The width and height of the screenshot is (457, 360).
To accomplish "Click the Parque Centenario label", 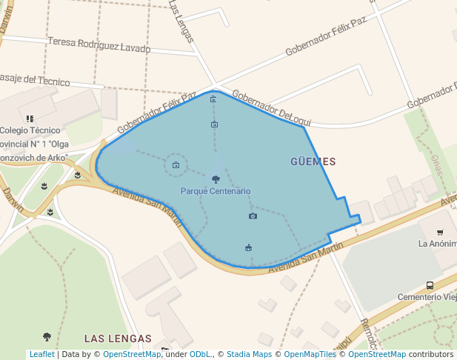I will [x=216, y=191].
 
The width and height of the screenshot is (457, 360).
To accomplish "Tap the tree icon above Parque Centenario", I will [x=216, y=179].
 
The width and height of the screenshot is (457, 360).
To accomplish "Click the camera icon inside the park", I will [x=253, y=216].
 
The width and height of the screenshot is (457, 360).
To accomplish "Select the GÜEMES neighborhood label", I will [x=313, y=161].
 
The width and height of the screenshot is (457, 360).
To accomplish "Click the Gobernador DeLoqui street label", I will [x=272, y=108].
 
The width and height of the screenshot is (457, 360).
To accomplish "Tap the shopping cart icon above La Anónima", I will [x=440, y=233].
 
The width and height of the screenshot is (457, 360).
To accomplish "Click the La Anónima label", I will [x=437, y=243].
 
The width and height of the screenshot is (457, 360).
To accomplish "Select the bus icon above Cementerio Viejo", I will [x=430, y=285].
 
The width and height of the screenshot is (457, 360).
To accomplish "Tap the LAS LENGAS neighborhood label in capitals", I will [x=118, y=338].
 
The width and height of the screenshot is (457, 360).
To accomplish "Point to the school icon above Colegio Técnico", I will [x=30, y=118].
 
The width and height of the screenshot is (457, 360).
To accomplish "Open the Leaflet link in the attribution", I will [x=42, y=354].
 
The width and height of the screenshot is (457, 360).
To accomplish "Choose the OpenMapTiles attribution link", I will [x=311, y=354].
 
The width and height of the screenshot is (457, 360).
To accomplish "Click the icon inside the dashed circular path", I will [x=176, y=165].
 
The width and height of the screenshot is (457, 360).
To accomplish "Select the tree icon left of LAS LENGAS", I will [x=47, y=337].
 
